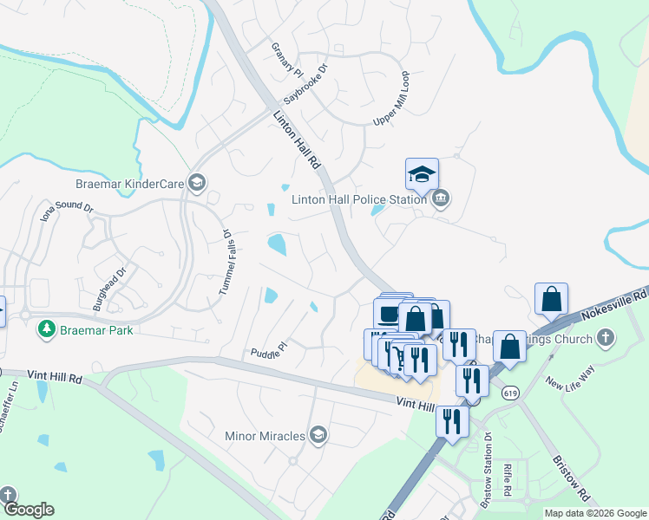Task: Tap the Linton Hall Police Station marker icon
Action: [441, 198]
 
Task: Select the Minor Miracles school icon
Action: [318, 434]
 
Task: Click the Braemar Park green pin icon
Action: [45, 330]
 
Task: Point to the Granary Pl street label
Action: [285, 59]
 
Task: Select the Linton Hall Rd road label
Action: [297, 140]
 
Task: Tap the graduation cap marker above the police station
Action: [422, 175]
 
